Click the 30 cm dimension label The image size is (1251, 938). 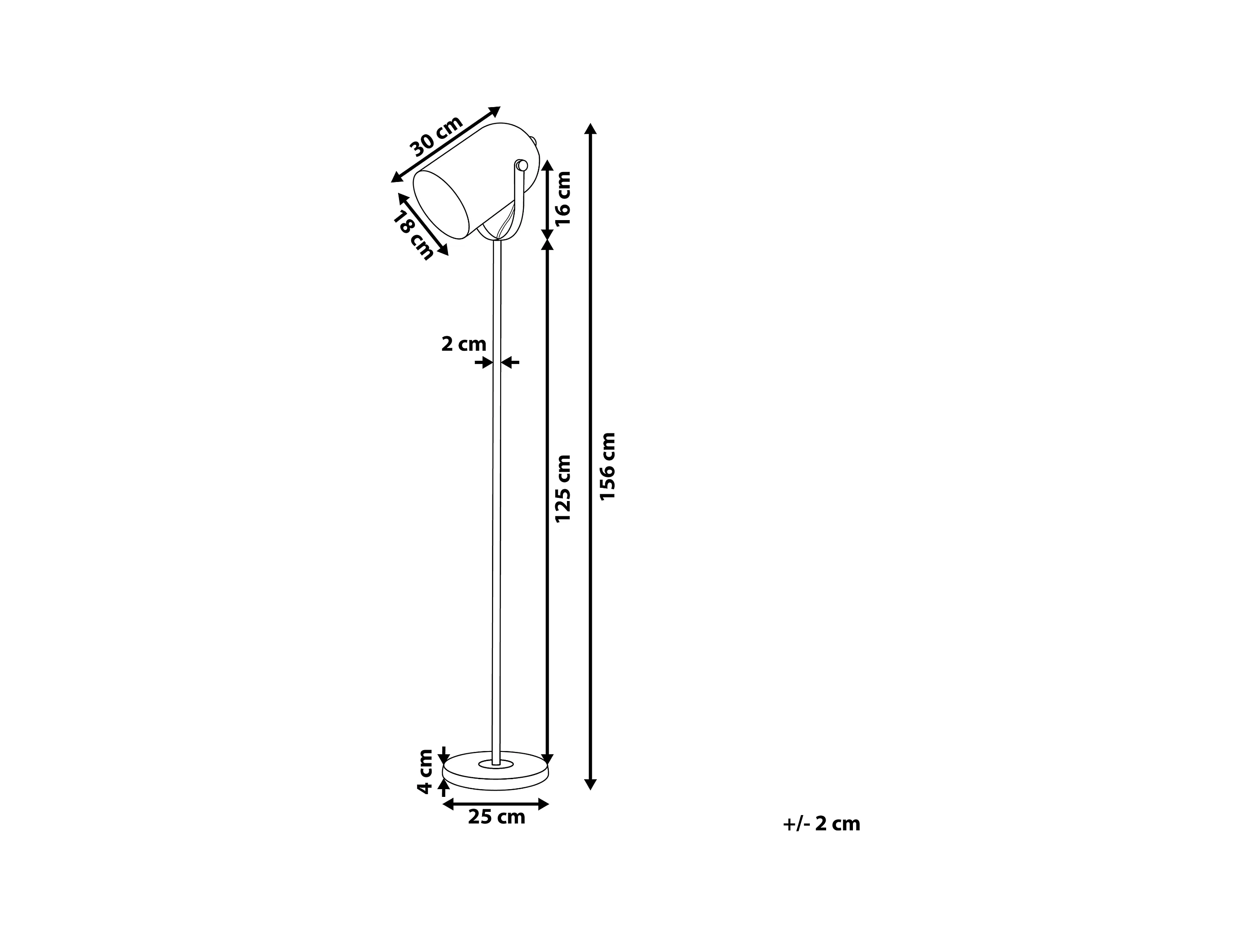436,136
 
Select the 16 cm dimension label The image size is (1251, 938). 563,198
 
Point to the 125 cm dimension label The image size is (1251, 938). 563,488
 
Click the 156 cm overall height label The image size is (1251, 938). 607,467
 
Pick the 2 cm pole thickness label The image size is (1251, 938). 464,344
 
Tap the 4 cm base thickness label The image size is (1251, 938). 425,772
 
